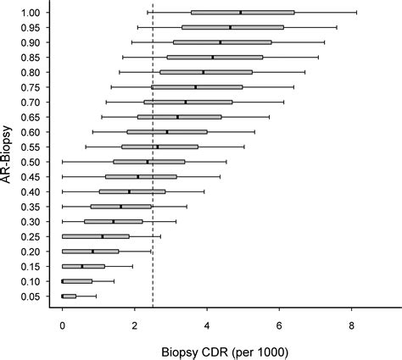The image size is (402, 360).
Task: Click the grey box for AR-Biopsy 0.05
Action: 69,296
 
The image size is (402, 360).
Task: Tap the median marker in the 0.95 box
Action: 230,27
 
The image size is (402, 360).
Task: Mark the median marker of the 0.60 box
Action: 167,132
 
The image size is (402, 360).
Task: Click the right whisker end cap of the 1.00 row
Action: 357,13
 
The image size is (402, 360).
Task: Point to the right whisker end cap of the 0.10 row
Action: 114,281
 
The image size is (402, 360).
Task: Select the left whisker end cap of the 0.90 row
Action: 131,42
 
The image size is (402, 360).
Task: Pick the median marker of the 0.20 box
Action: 93,252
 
